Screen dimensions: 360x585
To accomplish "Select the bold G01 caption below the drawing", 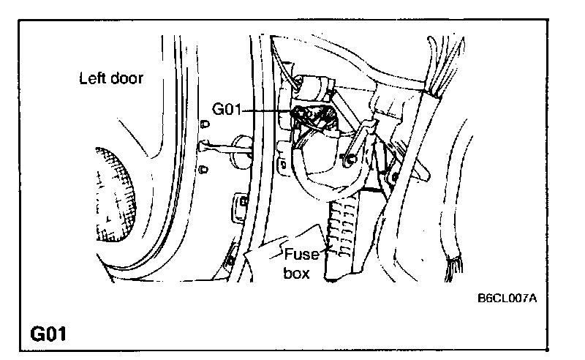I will tap(49, 335).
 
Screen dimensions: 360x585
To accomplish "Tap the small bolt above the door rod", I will tap(203, 122).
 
